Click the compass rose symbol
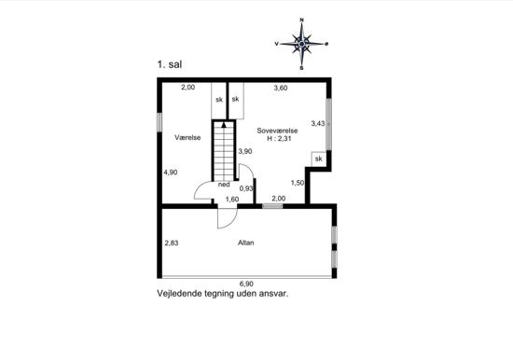[301, 44]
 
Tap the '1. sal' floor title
[170, 64]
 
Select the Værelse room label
[187, 137]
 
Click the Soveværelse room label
[277, 131]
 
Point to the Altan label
[245, 242]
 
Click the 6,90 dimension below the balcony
[246, 284]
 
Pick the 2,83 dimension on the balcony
[172, 242]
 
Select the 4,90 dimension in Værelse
[171, 173]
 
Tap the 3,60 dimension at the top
[281, 88]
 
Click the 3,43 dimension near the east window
[318, 123]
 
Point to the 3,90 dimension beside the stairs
[245, 151]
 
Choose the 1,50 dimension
[298, 183]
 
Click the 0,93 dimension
[246, 188]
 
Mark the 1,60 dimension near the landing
[232, 199]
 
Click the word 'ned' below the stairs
[224, 185]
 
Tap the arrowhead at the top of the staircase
[224, 124]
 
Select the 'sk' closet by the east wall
[318, 159]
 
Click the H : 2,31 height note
[279, 138]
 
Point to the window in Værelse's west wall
[159, 122]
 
